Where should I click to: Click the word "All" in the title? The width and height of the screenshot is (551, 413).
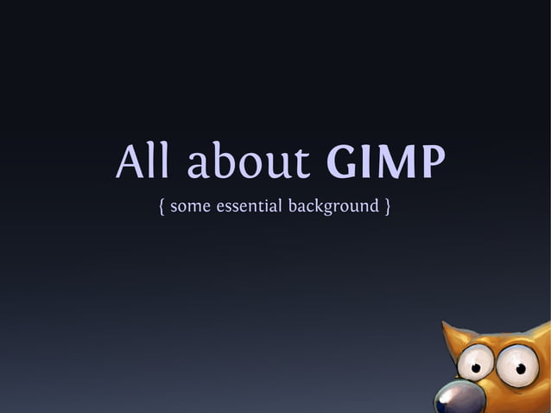click(x=146, y=162)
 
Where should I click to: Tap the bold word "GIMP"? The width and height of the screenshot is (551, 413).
click(x=386, y=162)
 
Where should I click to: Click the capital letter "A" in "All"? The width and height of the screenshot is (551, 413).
click(x=130, y=162)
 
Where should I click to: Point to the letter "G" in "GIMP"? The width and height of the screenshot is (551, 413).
click(x=342, y=162)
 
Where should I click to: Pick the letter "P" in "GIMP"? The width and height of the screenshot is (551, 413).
click(x=433, y=162)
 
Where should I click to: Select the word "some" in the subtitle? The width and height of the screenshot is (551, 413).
click(x=190, y=207)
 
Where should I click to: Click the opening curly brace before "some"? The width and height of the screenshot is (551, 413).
click(x=162, y=207)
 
